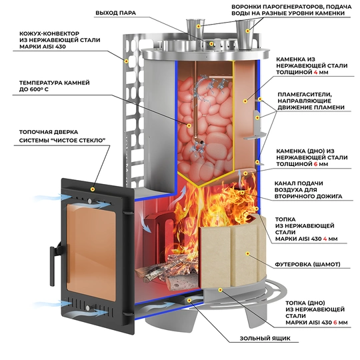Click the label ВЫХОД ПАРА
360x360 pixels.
116,13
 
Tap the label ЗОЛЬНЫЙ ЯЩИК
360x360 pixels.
265,339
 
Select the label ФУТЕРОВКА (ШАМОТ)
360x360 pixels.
307,264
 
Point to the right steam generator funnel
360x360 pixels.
245,34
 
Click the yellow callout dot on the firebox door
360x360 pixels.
93,189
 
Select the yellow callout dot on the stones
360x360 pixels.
189,125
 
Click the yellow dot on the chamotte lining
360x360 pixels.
247,253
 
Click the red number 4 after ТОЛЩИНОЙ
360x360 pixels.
316,72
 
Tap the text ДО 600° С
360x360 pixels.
34,89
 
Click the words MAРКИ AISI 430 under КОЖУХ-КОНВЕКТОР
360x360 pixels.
43,47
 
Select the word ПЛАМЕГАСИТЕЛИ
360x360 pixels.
305,95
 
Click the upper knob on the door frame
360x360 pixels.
89,201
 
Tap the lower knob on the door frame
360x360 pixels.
88,308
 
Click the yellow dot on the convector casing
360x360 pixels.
126,61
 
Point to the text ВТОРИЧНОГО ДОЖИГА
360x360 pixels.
309,196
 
